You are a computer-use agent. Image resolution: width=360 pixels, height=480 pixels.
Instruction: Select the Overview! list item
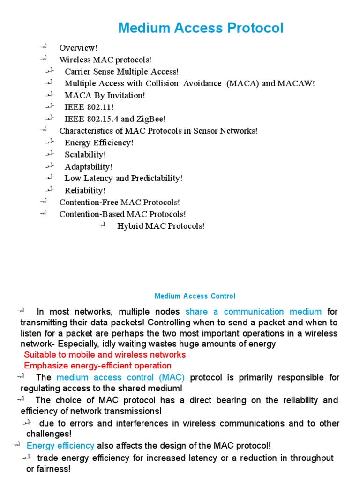click(78, 48)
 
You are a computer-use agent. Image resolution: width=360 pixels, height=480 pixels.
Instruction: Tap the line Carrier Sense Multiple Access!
click(121, 72)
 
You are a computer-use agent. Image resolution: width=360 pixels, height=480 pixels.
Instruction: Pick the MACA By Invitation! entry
click(105, 96)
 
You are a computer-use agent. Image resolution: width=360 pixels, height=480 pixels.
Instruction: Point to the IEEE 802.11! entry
click(89, 107)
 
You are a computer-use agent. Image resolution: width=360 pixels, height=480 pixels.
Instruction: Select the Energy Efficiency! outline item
click(99, 143)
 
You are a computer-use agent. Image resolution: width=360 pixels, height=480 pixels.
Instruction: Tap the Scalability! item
click(85, 155)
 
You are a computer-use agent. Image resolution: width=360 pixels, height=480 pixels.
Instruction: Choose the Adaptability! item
click(88, 167)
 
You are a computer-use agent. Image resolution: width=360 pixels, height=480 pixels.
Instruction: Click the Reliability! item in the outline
click(85, 191)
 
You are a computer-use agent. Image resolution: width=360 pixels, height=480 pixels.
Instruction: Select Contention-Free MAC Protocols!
click(120, 202)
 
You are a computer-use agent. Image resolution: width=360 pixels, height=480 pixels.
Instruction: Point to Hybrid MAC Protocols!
click(161, 226)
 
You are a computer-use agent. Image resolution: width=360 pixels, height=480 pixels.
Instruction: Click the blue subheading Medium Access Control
click(195, 296)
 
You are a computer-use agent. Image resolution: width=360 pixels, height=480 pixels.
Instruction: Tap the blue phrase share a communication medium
click(254, 312)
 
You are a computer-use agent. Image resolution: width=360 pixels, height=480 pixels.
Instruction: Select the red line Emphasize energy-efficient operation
click(97, 366)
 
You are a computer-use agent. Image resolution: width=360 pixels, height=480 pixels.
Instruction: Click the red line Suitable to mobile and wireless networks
click(105, 355)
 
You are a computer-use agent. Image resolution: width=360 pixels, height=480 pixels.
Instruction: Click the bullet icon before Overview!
click(44, 47)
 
